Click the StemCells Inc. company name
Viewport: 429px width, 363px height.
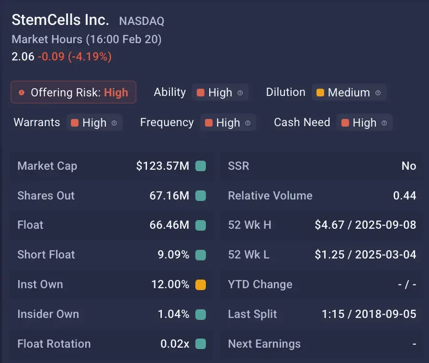tap(60, 20)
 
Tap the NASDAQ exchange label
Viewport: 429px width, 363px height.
tap(141, 21)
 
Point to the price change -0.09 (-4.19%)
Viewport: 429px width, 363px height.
tap(75, 57)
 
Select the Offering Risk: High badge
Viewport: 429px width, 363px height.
tap(74, 93)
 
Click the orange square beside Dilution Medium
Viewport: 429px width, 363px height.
tap(320, 93)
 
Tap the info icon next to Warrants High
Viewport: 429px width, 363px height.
tap(114, 123)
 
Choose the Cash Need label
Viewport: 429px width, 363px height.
tap(302, 122)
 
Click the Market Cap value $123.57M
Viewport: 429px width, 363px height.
tap(162, 166)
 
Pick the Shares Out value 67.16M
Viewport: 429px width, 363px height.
tap(169, 196)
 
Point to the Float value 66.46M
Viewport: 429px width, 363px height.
tap(169, 225)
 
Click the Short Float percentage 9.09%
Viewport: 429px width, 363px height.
tap(173, 255)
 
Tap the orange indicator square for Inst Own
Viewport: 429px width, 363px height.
tap(201, 284)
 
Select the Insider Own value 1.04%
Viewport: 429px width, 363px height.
tap(173, 314)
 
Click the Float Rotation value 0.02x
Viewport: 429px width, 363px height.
tap(175, 344)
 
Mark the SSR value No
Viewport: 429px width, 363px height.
tap(409, 166)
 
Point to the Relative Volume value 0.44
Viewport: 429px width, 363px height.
tap(405, 196)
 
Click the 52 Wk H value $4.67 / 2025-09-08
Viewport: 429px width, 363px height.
tap(365, 225)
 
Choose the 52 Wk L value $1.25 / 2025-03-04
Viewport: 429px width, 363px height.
tap(365, 255)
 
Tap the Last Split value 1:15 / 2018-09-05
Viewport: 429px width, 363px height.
tap(369, 314)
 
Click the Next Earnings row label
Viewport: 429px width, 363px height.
tap(264, 344)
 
